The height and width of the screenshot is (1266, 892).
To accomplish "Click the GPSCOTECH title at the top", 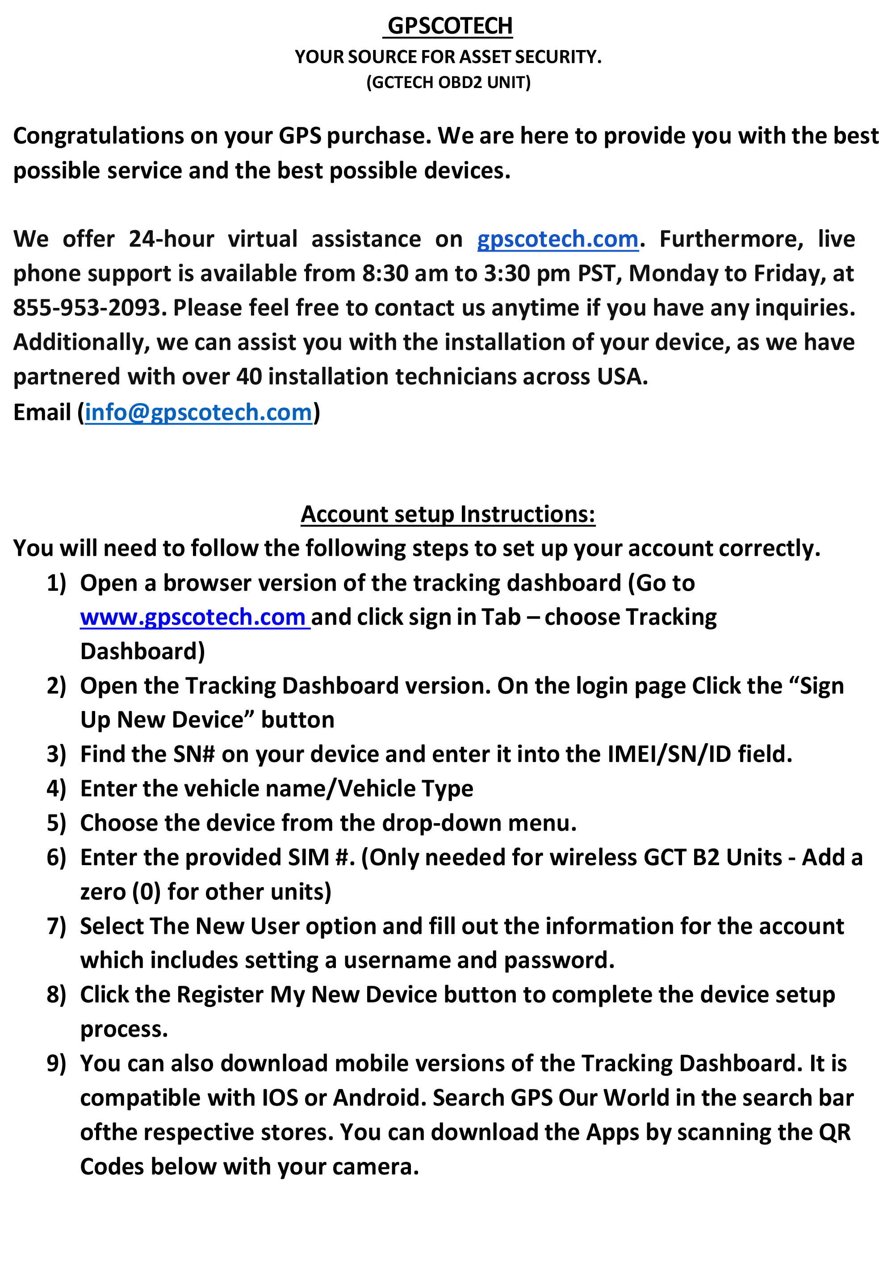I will tap(449, 26).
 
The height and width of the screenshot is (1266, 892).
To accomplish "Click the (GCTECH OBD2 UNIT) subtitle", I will tap(448, 82).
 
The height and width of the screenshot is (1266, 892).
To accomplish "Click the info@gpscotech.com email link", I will tap(198, 412).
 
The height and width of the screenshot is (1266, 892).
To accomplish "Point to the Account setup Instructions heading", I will tap(448, 514).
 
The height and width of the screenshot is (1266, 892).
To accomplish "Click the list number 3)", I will tap(56, 754).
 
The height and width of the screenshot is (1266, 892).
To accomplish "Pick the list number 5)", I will tap(56, 823).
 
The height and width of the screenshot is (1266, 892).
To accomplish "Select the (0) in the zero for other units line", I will tap(146, 892).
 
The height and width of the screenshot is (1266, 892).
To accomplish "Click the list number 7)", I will tap(56, 926).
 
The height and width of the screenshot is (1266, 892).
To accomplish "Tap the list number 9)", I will tap(56, 1064).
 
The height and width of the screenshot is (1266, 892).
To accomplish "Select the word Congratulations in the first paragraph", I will tap(98, 136).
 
